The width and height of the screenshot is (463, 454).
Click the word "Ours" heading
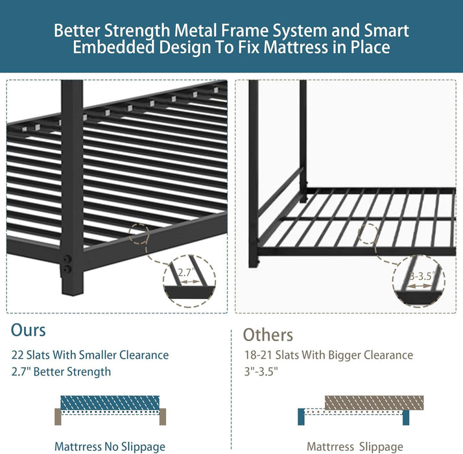[28, 329]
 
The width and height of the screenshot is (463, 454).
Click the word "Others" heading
[268, 335]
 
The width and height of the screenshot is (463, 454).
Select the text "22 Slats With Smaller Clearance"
[89, 355]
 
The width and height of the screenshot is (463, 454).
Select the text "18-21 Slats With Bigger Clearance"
[327, 355]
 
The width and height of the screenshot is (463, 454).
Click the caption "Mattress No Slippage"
[110, 446]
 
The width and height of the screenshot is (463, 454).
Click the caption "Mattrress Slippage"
[355, 446]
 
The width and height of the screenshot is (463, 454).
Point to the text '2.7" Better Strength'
[61, 372]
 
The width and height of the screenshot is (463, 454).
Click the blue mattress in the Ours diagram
[110, 402]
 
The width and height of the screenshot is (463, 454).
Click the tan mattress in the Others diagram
[374, 402]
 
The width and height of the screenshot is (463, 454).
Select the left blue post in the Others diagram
[301, 416]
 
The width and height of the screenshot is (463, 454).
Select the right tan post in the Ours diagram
[163, 416]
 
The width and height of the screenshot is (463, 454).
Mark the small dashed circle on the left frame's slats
[142, 235]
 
